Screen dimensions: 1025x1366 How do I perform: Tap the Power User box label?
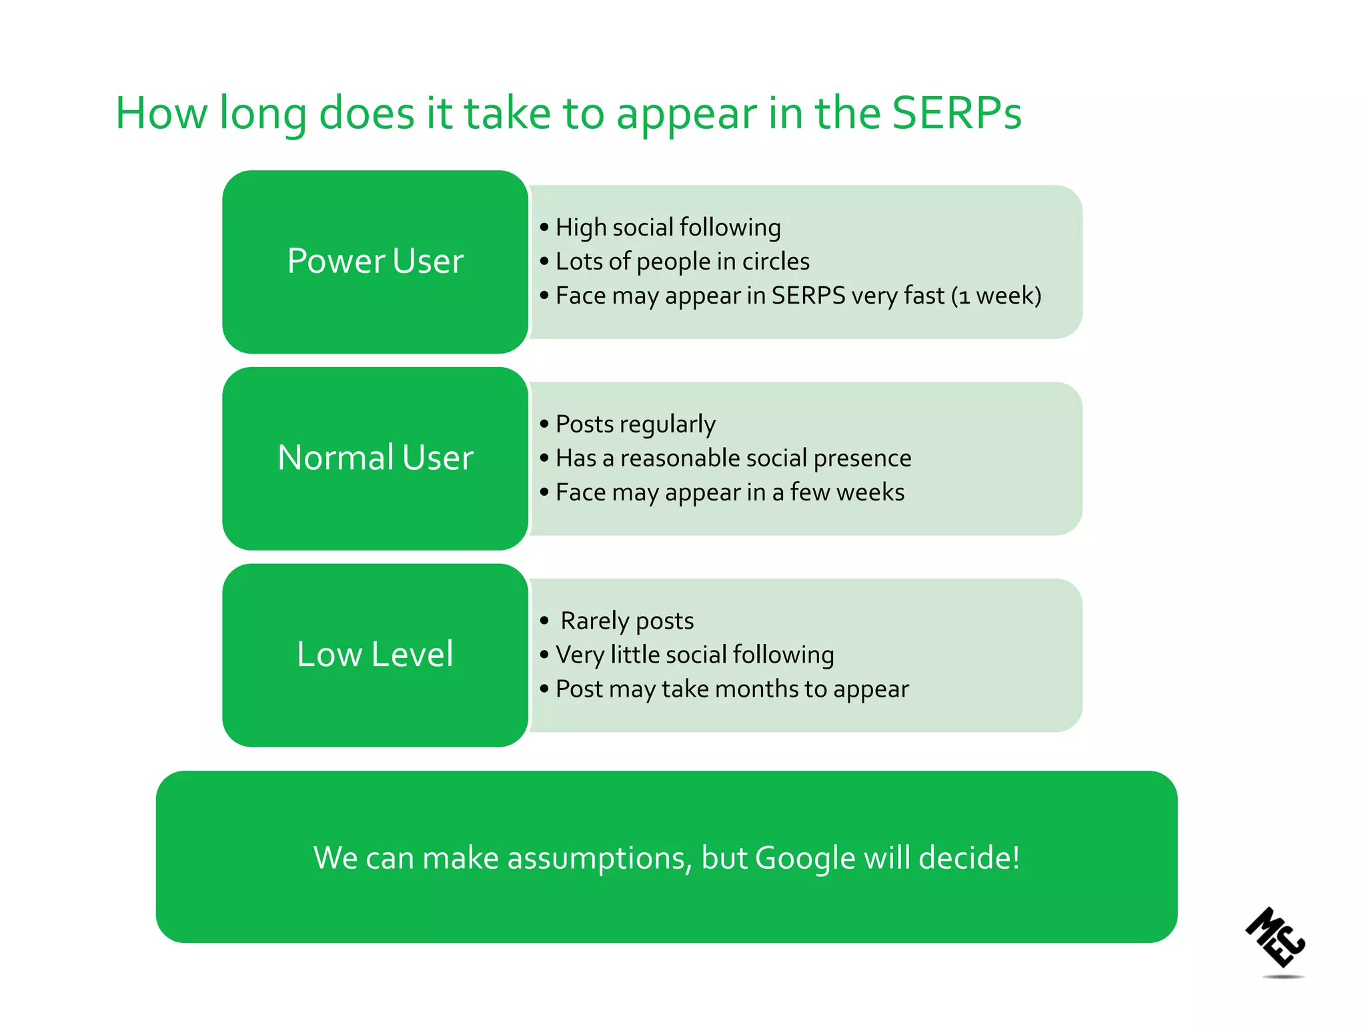pyautogui.click(x=375, y=261)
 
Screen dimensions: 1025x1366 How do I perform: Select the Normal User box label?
pyautogui.click(x=375, y=458)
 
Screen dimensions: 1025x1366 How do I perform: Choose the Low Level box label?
pyautogui.click(x=375, y=654)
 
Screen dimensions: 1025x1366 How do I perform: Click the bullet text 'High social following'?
pyautogui.click(x=668, y=228)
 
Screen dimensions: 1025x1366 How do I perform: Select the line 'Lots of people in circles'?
pyautogui.click(x=682, y=262)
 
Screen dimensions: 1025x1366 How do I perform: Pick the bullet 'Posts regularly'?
pyautogui.click(x=635, y=424)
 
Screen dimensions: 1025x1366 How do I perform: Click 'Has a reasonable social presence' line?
pyautogui.click(x=733, y=458)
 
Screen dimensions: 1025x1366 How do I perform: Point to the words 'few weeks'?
pyautogui.click(x=847, y=492)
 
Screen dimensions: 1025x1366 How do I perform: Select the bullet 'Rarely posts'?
pyautogui.click(x=627, y=621)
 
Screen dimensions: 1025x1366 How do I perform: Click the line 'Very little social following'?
pyautogui.click(x=694, y=655)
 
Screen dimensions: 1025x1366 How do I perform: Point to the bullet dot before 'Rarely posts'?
pyautogui.click(x=544, y=621)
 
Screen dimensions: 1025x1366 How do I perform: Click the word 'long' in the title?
pyautogui.click(x=263, y=113)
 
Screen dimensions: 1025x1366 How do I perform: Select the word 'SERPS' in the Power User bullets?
pyautogui.click(x=808, y=296)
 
